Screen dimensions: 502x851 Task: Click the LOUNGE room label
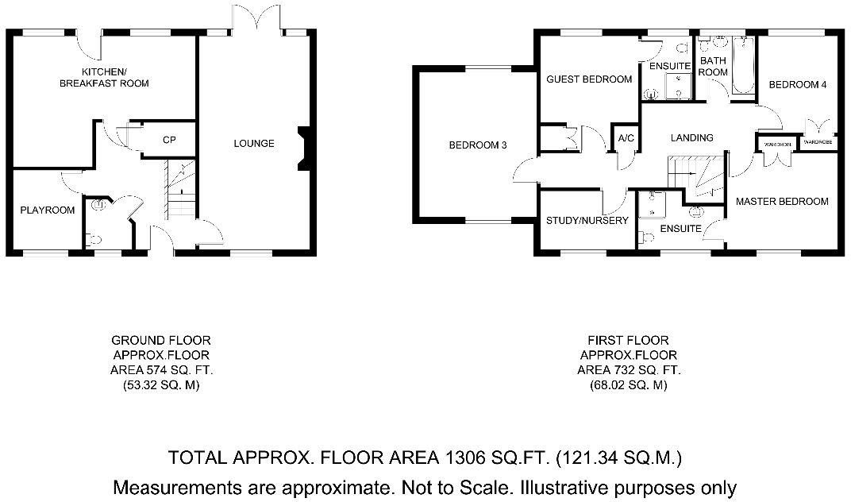(x=253, y=144)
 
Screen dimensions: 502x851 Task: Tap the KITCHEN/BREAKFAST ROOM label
(x=104, y=77)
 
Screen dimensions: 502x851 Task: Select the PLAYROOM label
(x=48, y=210)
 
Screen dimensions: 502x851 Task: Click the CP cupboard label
(x=168, y=140)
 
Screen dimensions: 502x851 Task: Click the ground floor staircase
(x=183, y=191)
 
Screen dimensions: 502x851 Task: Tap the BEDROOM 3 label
(x=477, y=145)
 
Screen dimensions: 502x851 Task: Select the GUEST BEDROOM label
(x=589, y=79)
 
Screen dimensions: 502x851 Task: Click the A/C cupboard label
(x=626, y=138)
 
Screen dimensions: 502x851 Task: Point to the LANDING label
(x=691, y=137)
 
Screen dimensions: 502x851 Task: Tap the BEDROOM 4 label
(x=798, y=85)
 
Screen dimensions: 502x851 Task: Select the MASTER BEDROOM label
(x=781, y=202)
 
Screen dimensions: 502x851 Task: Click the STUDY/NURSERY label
(x=587, y=221)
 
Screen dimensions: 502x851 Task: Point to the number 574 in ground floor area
(x=152, y=371)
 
